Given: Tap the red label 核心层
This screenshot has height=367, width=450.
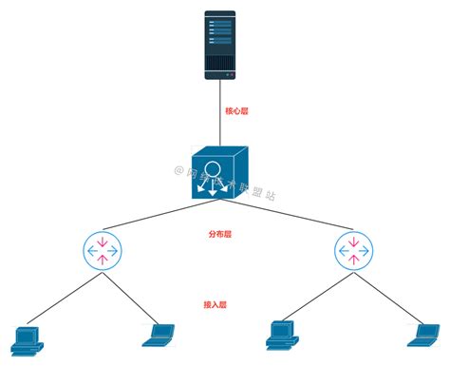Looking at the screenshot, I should tap(236, 111).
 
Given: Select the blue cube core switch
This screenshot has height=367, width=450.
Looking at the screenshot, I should tap(218, 179).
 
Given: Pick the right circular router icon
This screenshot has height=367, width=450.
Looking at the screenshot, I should tap(354, 251).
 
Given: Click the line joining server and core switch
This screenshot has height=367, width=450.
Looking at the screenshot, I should tap(220, 119).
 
